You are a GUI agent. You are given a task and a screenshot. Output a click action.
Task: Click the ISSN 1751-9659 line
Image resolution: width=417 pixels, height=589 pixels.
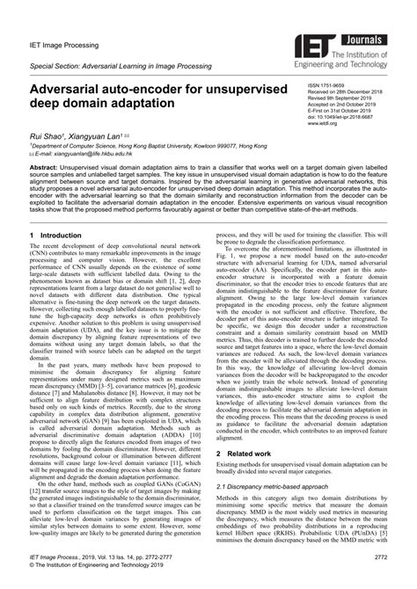(x=327, y=84)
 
